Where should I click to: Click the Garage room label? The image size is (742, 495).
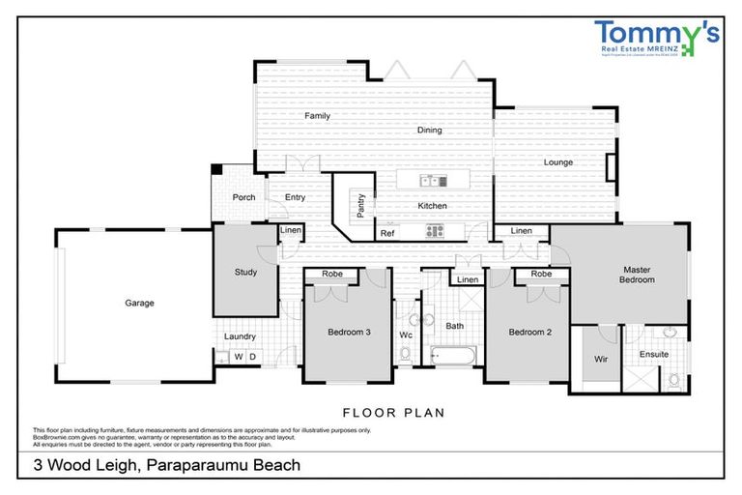(139, 303)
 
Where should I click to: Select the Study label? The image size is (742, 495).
(245, 273)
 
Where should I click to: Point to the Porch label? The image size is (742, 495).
(244, 198)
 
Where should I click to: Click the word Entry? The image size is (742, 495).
(295, 198)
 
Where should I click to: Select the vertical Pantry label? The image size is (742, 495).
(360, 205)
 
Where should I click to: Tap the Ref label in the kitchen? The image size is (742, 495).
(387, 233)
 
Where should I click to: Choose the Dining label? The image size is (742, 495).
(429, 131)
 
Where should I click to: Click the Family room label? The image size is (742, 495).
(318, 116)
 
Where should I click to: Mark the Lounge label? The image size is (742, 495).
(557, 162)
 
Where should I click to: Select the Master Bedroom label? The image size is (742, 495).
(638, 275)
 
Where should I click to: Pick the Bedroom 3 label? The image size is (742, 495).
(349, 333)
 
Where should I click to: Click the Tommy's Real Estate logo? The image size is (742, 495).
(656, 42)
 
